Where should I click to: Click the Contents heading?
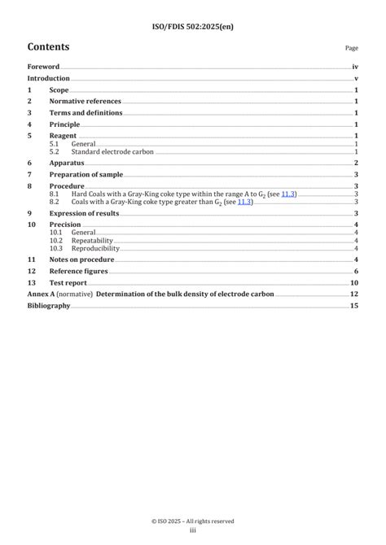click(x=48, y=46)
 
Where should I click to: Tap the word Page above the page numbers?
click(x=352, y=49)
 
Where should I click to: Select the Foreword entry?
click(x=43, y=67)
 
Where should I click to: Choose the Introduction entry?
click(x=48, y=78)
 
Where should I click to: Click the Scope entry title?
click(x=59, y=90)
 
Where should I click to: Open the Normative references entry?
click(x=85, y=101)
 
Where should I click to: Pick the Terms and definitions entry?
click(x=86, y=113)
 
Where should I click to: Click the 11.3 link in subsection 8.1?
click(x=288, y=194)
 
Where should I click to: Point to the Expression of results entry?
click(x=84, y=213)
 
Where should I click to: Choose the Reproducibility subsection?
click(x=95, y=248)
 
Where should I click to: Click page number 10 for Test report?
click(x=354, y=282)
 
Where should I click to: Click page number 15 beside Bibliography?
click(x=354, y=306)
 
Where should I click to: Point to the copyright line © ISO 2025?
click(x=193, y=521)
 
